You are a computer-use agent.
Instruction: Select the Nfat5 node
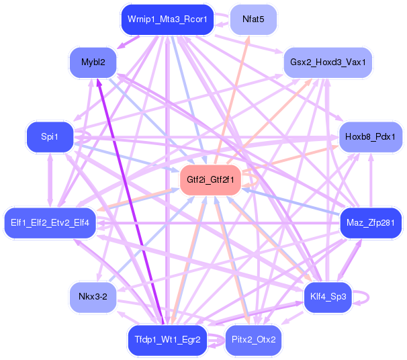pyautogui.click(x=254, y=19)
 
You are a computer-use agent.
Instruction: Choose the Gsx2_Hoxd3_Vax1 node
pyautogui.click(x=328, y=62)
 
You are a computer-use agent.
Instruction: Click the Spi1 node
pyautogui.click(x=49, y=137)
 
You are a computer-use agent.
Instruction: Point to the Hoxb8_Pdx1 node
pyautogui.click(x=370, y=137)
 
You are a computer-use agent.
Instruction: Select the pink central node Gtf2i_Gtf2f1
pyautogui.click(x=210, y=180)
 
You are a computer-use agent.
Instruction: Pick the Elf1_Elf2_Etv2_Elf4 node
pyautogui.click(x=50, y=222)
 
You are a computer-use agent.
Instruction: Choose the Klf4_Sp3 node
pyautogui.click(x=328, y=296)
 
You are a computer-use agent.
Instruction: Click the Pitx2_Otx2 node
pyautogui.click(x=254, y=340)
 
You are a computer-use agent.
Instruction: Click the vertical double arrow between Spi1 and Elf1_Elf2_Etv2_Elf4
pyautogui.click(x=48, y=179)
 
